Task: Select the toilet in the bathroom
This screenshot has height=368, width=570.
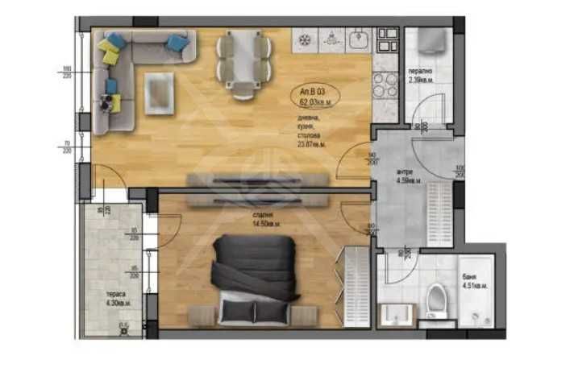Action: pos(435,298)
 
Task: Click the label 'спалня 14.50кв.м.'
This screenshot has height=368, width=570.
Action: pos(265,219)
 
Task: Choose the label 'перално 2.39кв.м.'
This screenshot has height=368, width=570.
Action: pos(423,75)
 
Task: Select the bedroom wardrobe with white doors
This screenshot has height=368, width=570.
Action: pos(356,285)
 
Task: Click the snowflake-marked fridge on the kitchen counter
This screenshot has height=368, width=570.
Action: pos(306,38)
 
